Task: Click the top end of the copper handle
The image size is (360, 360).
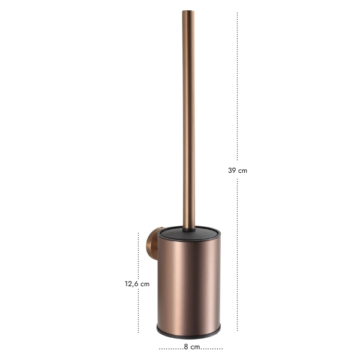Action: pyautogui.click(x=188, y=11)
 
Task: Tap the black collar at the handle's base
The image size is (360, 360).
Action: pyautogui.click(x=189, y=230)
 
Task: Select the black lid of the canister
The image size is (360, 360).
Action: pyautogui.click(x=189, y=233)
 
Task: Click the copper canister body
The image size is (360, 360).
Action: pyautogui.click(x=189, y=283)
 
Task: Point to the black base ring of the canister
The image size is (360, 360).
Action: pyautogui.click(x=189, y=335)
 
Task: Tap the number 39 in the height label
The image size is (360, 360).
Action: pyautogui.click(x=232, y=170)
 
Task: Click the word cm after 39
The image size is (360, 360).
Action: pyautogui.click(x=242, y=171)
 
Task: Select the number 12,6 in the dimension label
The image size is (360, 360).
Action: pyautogui.click(x=132, y=284)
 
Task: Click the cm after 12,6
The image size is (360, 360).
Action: pyautogui.click(x=145, y=284)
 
